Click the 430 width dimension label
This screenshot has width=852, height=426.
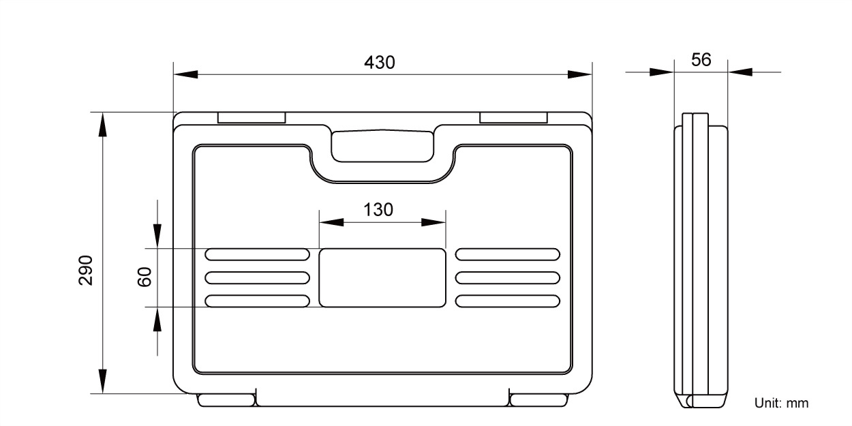click(380, 63)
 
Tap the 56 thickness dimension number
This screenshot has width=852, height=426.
click(701, 60)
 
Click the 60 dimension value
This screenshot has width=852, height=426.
click(144, 277)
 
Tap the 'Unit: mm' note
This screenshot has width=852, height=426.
click(781, 403)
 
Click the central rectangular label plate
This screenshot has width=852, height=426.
click(382, 278)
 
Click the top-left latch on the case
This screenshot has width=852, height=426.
click(252, 118)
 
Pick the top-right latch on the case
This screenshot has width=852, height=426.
click(513, 118)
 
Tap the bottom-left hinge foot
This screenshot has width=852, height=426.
click(226, 400)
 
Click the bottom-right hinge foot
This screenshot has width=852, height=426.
click(538, 400)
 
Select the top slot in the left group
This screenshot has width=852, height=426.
click(257, 255)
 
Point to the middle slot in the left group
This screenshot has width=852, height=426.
click(257, 277)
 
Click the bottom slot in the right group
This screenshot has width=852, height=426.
click(508, 301)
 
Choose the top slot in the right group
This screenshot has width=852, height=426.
click(508, 255)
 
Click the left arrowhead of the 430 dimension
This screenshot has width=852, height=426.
click(185, 74)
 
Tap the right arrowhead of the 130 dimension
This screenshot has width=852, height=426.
click(433, 222)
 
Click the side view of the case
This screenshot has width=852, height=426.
click(701, 259)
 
